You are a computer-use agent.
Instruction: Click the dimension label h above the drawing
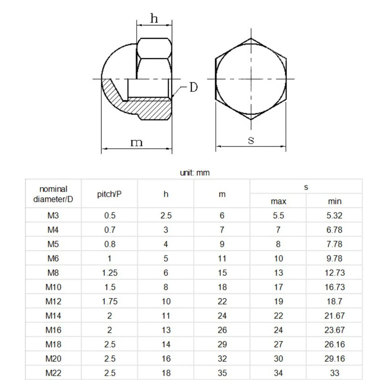point(154,18)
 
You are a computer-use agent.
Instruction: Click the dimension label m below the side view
point(136,142)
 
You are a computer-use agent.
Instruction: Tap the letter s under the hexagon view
point(251,140)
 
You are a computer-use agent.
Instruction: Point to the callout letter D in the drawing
point(193,87)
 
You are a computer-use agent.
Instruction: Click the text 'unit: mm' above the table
point(195,173)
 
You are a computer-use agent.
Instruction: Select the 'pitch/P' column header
point(109,194)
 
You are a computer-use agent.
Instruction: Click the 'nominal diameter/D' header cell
point(53,194)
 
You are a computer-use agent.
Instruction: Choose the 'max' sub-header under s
point(278,201)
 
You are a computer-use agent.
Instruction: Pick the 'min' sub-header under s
point(334,201)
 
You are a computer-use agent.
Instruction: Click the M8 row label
point(53,273)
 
